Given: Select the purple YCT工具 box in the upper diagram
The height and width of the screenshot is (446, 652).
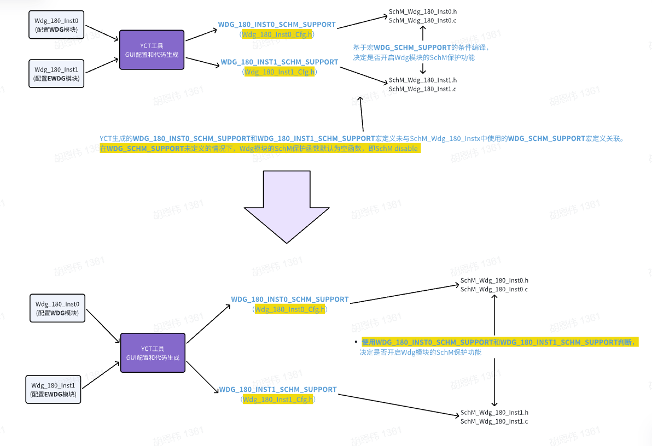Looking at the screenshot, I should (x=152, y=50).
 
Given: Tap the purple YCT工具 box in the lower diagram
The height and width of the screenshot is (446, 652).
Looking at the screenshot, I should (x=153, y=353).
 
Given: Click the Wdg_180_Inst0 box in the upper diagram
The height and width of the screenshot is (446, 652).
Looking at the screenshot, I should (x=56, y=25).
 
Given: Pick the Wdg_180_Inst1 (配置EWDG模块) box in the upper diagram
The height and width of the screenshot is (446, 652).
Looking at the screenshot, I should (x=56, y=74).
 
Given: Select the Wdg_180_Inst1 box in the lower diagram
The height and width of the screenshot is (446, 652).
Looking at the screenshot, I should (x=53, y=389).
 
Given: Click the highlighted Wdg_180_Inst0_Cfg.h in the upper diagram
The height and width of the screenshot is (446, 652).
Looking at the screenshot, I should (x=277, y=34).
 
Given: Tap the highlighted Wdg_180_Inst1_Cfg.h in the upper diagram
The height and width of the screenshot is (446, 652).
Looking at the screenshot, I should (x=280, y=72).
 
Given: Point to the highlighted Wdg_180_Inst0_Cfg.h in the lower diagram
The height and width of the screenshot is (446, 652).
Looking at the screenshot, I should (x=290, y=309).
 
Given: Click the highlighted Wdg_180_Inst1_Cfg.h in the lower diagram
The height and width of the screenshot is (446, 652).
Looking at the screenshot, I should (x=278, y=400).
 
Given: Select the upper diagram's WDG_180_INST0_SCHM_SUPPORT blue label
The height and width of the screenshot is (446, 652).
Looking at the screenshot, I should (x=277, y=25).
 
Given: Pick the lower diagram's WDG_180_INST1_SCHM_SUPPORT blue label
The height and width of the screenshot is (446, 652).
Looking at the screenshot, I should (x=278, y=390).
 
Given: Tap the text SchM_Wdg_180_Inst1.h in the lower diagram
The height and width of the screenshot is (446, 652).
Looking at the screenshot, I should (x=494, y=413).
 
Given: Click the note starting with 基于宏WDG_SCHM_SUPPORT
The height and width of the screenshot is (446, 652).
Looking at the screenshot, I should (x=421, y=52).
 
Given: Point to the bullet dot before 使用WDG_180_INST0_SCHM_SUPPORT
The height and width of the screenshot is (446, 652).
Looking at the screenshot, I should (x=356, y=342).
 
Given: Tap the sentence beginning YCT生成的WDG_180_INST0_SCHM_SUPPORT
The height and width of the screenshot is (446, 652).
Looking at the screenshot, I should (x=362, y=139).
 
